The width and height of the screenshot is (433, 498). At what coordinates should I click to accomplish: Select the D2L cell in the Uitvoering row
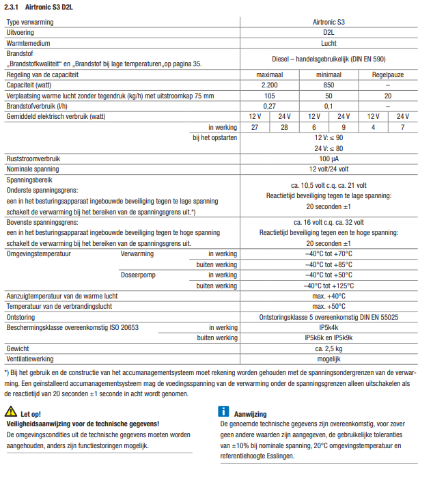tap(329, 32)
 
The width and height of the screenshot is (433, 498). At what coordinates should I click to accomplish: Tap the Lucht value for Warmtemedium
tap(329, 42)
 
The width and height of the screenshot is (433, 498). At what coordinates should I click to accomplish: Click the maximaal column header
tap(269, 74)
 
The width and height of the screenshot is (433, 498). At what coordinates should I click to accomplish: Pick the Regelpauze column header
tap(388, 74)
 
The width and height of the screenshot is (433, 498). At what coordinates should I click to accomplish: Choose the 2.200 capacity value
tap(269, 85)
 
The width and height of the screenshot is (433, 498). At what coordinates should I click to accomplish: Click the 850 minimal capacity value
tap(329, 85)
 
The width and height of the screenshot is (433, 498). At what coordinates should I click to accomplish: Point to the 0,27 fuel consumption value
tap(269, 106)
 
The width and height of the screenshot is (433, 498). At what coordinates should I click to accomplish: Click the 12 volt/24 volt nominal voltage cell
tap(329, 169)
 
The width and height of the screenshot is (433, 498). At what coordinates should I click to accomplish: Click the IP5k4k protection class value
tap(329, 327)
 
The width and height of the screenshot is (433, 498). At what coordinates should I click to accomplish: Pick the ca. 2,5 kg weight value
tap(329, 348)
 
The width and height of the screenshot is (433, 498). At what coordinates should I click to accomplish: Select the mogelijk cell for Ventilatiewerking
tap(329, 359)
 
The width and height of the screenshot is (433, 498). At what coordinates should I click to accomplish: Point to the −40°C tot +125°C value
tap(329, 286)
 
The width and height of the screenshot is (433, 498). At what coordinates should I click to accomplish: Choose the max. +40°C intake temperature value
tap(329, 296)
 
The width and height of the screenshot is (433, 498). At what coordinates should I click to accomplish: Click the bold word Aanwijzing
tap(250, 414)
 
